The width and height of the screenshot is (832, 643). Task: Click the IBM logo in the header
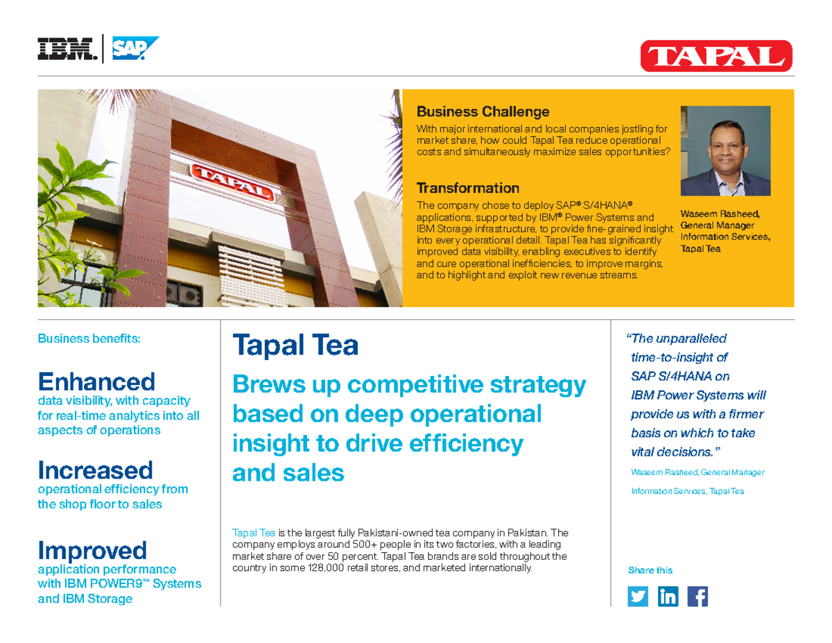pos(66,49)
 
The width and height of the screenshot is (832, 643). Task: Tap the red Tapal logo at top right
pos(716,55)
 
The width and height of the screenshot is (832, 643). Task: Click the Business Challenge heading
pos(483,112)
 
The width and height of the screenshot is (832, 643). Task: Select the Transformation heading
pos(467,188)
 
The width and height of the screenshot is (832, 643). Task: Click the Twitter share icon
pos(638,597)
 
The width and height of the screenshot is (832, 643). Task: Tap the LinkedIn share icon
pos(668,597)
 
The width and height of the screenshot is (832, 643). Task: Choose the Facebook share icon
pos(697,597)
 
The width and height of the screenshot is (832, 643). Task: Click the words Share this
pos(650,570)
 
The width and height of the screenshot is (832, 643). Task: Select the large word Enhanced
pos(96,381)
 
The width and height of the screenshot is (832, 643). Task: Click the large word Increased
pos(95,470)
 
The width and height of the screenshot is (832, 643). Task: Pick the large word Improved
pos(92,551)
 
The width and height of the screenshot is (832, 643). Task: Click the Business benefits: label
pos(89,339)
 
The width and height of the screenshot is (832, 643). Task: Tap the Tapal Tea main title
pos(295,345)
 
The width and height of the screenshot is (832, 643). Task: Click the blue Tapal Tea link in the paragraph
pos(254,533)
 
